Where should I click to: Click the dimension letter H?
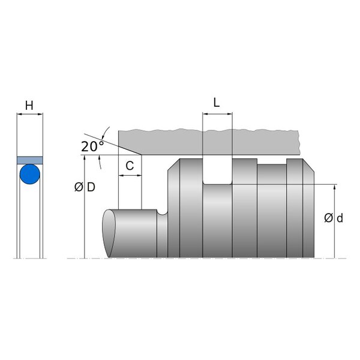29,106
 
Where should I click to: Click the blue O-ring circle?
30,174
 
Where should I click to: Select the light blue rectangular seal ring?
30,160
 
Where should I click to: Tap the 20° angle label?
92,146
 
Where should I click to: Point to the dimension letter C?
130,166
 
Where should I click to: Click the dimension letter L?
217,103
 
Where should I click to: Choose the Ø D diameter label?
85,187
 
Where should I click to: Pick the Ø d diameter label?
334,218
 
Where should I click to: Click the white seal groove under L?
217,171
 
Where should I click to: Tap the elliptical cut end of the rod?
109,233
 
